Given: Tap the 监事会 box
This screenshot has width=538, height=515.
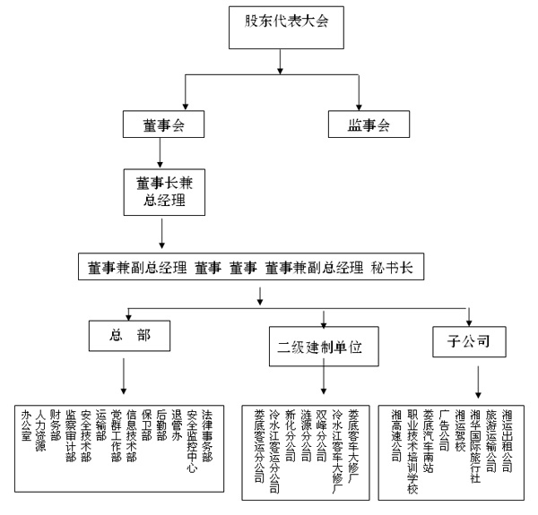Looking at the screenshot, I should [368, 124].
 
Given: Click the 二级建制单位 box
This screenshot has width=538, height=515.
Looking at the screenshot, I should [322, 344].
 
